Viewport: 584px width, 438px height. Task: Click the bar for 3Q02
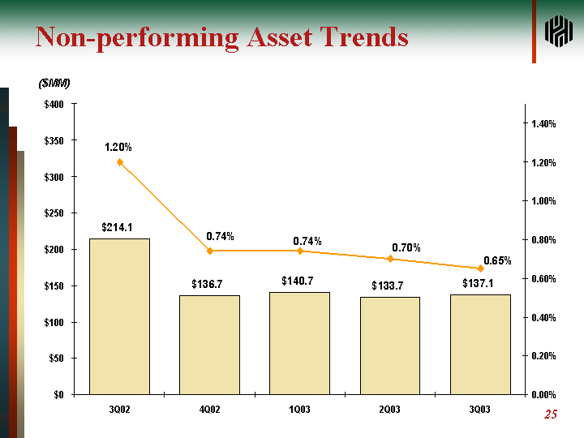pyautogui.click(x=119, y=316)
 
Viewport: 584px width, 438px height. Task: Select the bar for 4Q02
pyautogui.click(x=209, y=345)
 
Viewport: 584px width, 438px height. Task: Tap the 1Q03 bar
pyautogui.click(x=300, y=343)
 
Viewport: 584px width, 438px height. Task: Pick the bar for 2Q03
pyautogui.click(x=390, y=346)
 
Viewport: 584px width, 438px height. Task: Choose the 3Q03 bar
pyautogui.click(x=480, y=344)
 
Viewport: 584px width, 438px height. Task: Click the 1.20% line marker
pyautogui.click(x=120, y=162)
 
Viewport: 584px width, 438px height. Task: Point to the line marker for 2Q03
pyautogui.click(x=390, y=259)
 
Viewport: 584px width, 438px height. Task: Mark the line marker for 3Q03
pyautogui.click(x=480, y=268)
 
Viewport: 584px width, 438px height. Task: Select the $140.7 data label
pyautogui.click(x=298, y=281)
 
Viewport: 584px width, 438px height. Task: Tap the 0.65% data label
pyautogui.click(x=497, y=260)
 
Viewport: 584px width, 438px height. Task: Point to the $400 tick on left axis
pyautogui.click(x=55, y=105)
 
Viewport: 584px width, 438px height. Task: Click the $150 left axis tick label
pyautogui.click(x=55, y=286)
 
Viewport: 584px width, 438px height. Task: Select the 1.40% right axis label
pyautogui.click(x=543, y=124)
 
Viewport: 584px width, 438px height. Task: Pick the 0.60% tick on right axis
pyautogui.click(x=543, y=279)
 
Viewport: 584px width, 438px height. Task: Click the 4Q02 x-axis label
pyautogui.click(x=209, y=410)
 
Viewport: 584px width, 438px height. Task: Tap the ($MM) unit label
pyautogui.click(x=54, y=84)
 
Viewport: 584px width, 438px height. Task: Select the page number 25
pyautogui.click(x=551, y=416)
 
